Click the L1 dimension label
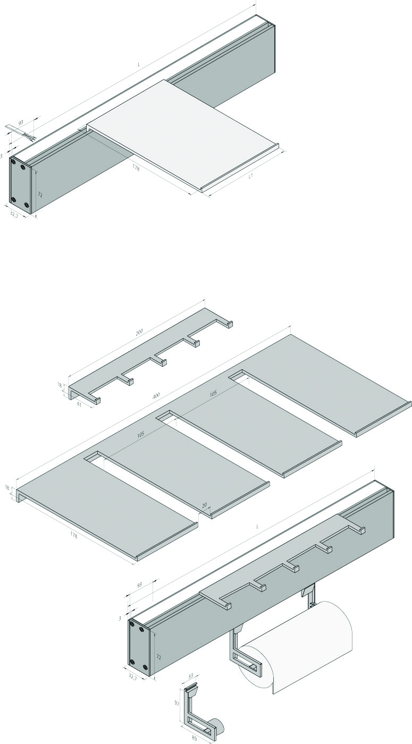tap(251, 176)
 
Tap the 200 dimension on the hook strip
tap(139, 332)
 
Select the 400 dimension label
tap(156, 395)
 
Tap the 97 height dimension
tap(177, 700)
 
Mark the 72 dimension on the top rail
tap(40, 195)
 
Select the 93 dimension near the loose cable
tap(21, 123)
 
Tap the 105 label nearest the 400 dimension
tap(213, 394)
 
